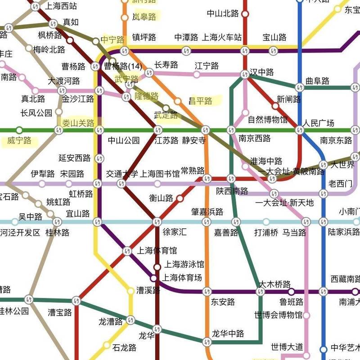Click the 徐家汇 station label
(174, 233)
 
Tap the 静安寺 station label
(194, 140)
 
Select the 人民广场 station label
(318, 123)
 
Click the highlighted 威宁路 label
(19, 141)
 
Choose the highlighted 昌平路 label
(200, 100)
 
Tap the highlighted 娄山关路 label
(78, 123)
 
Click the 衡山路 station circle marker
(180, 198)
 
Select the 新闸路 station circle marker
(275, 106)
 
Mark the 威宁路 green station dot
(19, 130)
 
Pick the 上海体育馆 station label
(157, 251)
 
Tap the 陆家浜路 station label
(344, 233)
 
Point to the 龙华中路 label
(228, 333)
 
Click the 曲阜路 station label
(317, 81)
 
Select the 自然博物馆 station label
(267, 120)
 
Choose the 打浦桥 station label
(266, 233)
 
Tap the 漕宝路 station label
(60, 312)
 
